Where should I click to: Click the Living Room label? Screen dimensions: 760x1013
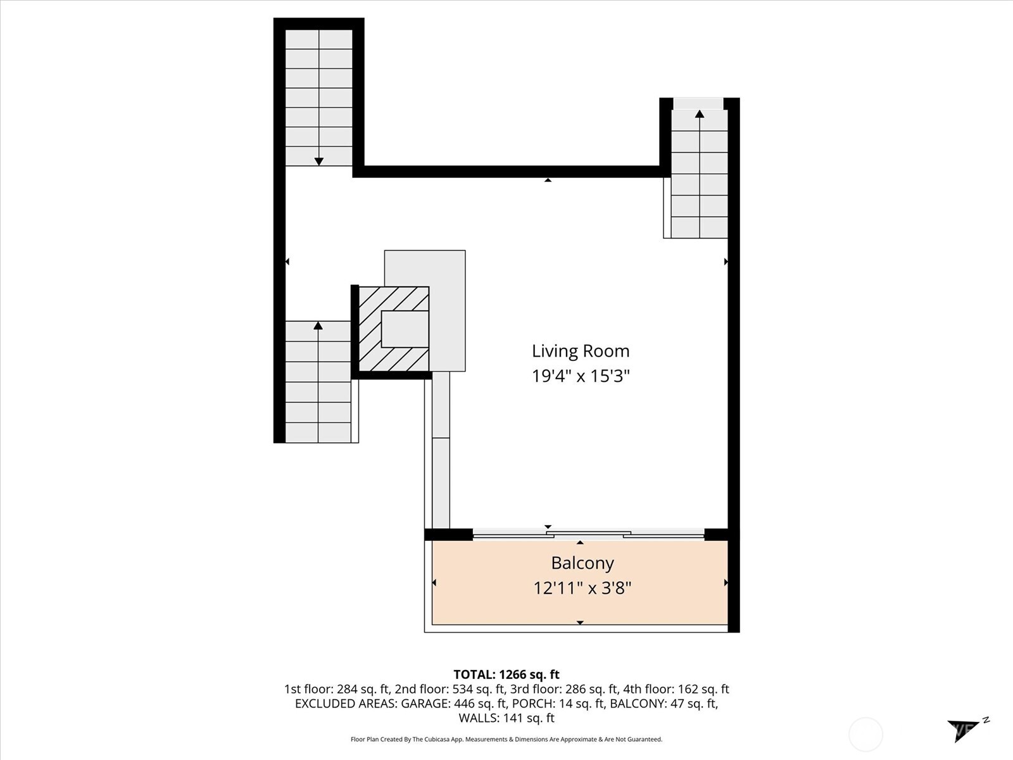coord(580,351)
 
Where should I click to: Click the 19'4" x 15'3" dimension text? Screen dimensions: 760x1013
coord(580,376)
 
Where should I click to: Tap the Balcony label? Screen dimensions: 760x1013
coord(582,563)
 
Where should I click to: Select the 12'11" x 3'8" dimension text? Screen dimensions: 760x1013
coord(582,588)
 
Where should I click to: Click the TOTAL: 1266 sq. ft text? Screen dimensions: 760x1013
coord(507,674)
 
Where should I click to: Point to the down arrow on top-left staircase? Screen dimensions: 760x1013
coord(319,161)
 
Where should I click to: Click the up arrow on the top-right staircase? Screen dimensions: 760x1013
coord(700,115)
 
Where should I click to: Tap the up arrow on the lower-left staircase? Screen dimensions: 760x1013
coord(318,326)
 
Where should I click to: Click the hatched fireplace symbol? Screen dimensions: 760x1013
coord(393,329)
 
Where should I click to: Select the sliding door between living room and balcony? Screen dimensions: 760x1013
coord(588,535)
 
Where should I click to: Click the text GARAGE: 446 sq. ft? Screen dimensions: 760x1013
coord(453,704)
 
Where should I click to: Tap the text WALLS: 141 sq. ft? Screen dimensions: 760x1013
coord(507,718)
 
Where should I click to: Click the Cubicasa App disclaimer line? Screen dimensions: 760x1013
coord(507,739)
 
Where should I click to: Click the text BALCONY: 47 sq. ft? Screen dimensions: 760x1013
coord(663,704)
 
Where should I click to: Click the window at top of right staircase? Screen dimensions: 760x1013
coord(698,103)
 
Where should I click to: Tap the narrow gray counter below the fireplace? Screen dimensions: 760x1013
coord(441,450)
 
